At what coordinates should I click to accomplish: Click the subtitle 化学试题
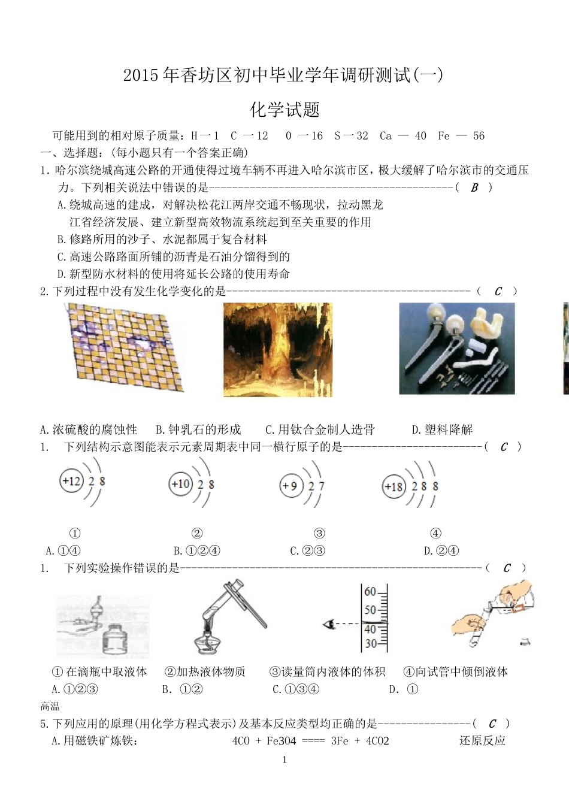click(284, 110)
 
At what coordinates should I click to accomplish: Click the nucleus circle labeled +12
click(71, 481)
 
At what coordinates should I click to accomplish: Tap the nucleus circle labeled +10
click(181, 483)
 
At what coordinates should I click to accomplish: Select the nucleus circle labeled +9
click(290, 485)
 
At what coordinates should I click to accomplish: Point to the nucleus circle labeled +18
click(394, 486)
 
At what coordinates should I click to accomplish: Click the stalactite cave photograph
click(277, 349)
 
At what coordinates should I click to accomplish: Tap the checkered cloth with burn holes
click(123, 347)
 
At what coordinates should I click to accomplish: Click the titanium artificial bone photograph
click(456, 349)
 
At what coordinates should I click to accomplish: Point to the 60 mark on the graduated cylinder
click(370, 592)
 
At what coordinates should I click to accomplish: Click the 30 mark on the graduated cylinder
click(371, 644)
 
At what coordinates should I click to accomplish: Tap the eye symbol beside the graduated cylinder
click(328, 625)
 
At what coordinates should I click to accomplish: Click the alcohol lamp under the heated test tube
click(207, 642)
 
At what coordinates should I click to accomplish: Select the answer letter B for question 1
click(474, 187)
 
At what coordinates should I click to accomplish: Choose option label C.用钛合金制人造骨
click(320, 429)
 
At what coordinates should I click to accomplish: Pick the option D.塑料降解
click(442, 429)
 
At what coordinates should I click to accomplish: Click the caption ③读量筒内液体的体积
click(327, 671)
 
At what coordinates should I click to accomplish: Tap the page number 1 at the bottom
click(284, 759)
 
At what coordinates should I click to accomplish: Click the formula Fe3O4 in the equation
click(281, 741)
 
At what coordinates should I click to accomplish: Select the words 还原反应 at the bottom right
click(482, 741)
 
